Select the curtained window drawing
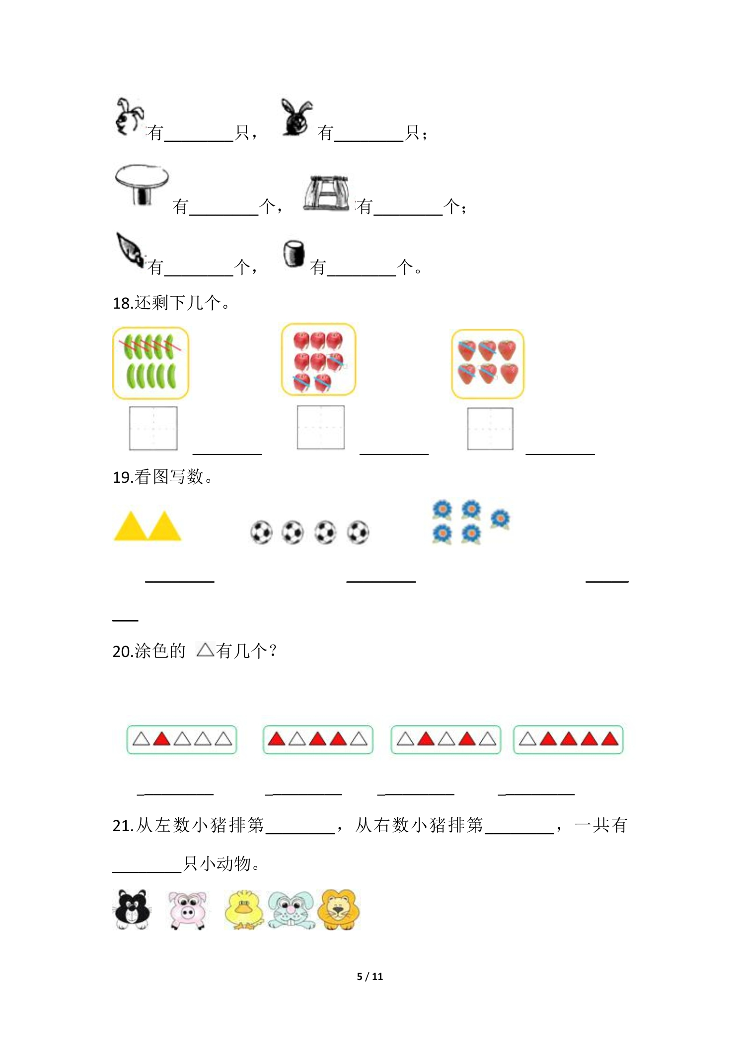(326, 194)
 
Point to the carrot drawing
(130, 250)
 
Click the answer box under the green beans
(153, 428)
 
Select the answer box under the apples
(321, 427)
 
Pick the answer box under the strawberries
(490, 429)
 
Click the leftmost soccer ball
(261, 532)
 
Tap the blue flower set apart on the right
(500, 519)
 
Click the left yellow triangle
(131, 526)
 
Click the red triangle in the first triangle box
(161, 739)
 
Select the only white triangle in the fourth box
(527, 739)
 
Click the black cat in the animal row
(132, 909)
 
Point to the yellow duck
(244, 910)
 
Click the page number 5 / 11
(370, 977)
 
